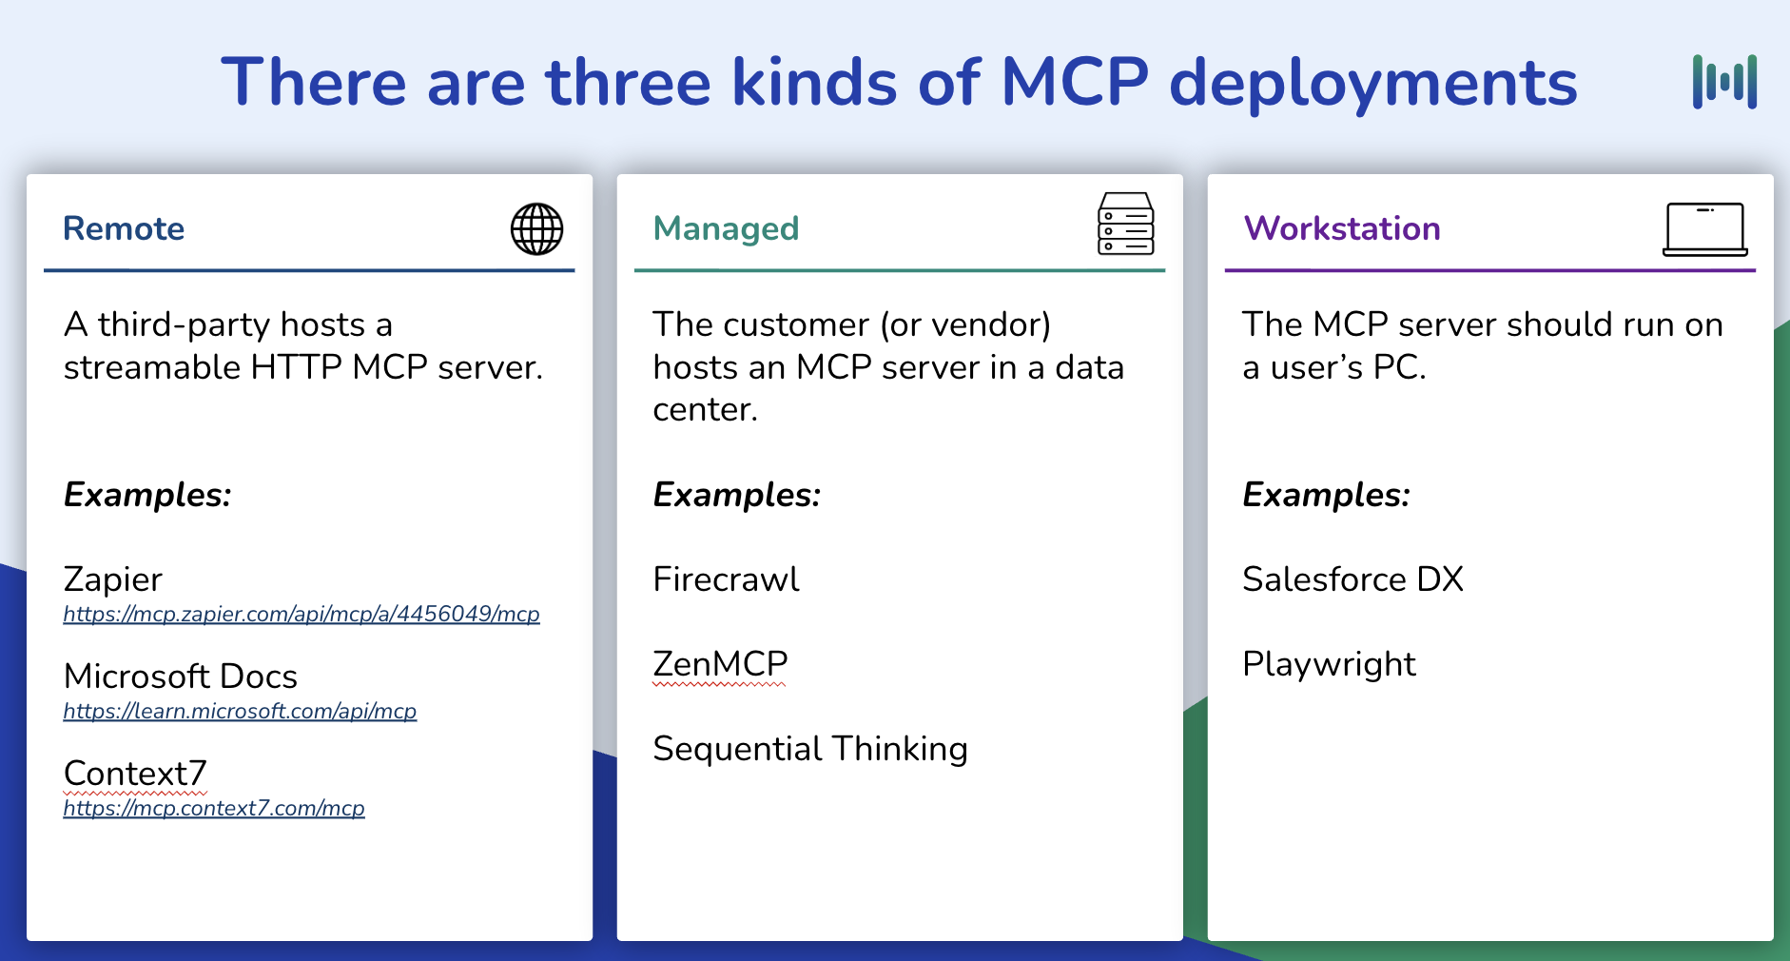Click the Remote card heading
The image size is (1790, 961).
point(124,228)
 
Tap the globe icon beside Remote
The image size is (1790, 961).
point(536,229)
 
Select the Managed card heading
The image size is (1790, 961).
point(726,228)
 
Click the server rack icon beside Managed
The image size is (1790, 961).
point(1125,225)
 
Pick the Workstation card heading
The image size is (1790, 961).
point(1342,228)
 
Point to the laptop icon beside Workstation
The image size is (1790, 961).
point(1704,229)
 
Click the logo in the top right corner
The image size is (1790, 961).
point(1723,82)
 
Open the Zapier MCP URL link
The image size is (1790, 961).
point(301,615)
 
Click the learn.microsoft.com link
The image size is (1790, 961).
point(240,712)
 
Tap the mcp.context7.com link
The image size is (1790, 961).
point(214,809)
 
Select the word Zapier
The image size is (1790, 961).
point(112,579)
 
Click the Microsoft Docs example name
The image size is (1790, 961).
point(180,677)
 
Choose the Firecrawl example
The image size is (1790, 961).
point(726,579)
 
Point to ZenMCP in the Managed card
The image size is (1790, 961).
point(720,664)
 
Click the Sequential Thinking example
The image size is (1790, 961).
point(809,749)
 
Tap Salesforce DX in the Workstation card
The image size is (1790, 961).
point(1352,579)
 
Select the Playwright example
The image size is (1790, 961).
point(1329,664)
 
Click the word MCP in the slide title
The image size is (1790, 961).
point(1075,82)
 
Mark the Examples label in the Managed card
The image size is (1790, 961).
point(736,495)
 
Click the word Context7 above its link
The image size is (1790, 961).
point(134,774)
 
